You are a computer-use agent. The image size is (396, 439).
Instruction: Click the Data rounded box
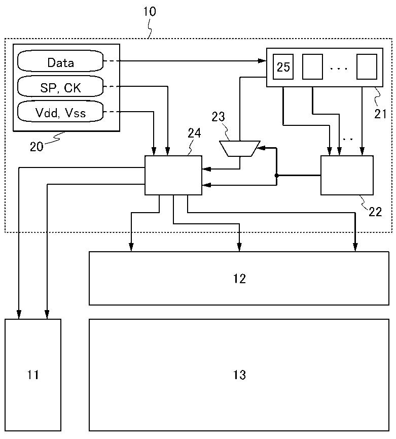click(60, 62)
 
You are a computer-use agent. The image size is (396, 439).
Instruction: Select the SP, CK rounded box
click(60, 88)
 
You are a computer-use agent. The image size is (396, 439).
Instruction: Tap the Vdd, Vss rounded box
click(60, 113)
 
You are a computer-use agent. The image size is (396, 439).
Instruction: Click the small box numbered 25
click(283, 67)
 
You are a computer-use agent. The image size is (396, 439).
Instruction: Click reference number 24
click(194, 133)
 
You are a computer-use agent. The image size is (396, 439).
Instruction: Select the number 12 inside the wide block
click(239, 278)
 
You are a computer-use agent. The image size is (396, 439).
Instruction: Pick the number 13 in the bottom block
click(239, 375)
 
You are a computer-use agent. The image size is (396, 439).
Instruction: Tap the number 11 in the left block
click(33, 375)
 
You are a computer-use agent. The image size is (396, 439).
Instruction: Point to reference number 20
click(37, 147)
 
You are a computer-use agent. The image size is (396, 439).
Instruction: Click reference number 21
click(380, 114)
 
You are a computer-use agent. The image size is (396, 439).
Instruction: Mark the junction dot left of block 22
click(276, 176)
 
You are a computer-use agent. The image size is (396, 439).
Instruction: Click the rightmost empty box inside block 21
click(367, 67)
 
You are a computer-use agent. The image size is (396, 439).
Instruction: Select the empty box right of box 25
click(312, 67)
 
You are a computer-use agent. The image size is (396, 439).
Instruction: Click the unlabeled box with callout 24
click(173, 175)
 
